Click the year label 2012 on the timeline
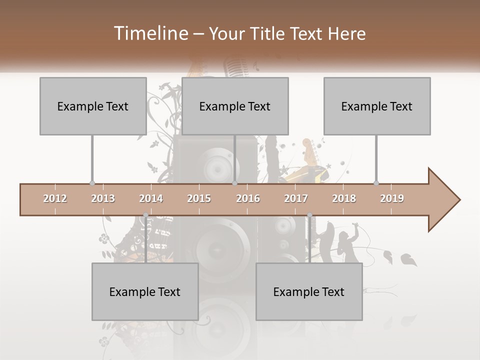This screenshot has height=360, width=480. point(55,198)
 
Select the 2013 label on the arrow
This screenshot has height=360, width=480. point(103,198)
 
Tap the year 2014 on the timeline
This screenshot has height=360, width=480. point(151,198)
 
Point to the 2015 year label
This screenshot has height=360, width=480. point(199,198)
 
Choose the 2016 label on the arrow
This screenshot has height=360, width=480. point(248,198)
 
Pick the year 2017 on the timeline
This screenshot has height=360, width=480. point(296,198)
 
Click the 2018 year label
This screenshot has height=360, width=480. point(344,198)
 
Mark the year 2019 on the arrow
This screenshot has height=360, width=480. point(392,198)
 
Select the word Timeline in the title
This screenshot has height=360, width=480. point(150,33)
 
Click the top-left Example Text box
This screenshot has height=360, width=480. point(93,106)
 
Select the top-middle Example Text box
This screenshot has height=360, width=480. point(235,106)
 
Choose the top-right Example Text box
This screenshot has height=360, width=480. point(377,106)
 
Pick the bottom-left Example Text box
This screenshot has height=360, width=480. point(145,291)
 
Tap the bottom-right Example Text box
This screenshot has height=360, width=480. point(309,291)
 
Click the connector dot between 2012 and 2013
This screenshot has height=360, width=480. point(92,183)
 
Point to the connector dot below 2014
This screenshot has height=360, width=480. point(145,215)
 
